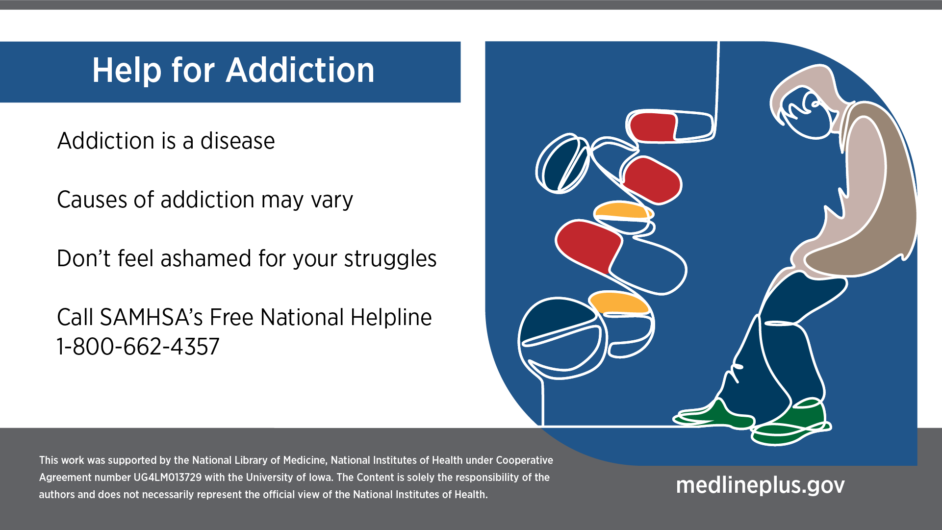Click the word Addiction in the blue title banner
(x=300, y=70)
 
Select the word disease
(x=238, y=141)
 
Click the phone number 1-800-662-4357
(x=138, y=347)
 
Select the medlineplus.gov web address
(x=760, y=485)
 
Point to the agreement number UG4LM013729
(x=167, y=478)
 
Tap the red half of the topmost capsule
(x=653, y=127)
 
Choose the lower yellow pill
(x=619, y=303)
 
